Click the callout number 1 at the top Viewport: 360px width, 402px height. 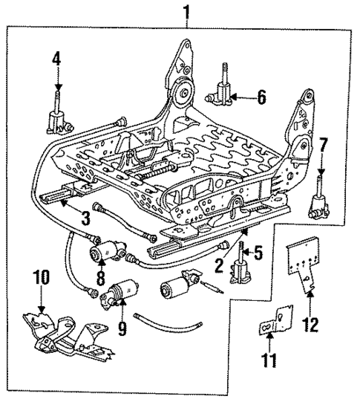186,11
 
